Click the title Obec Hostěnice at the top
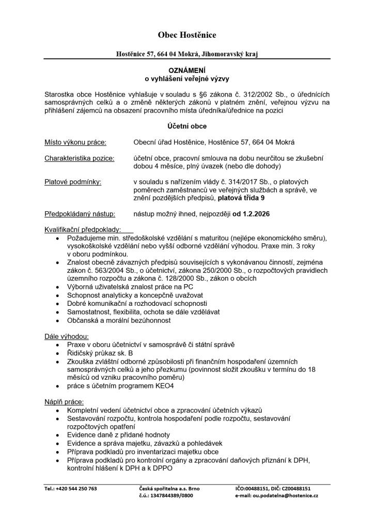pos(187,35)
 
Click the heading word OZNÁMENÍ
pos(187,70)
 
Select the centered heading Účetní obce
pos(187,126)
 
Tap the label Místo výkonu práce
pos(75,142)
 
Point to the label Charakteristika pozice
pos(80,158)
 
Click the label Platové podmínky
pos(73,182)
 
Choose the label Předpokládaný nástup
pos(80,213)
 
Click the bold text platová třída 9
pos(242,197)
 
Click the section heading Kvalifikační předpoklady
pos(83,229)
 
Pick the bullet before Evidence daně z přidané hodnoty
pos(56,435)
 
